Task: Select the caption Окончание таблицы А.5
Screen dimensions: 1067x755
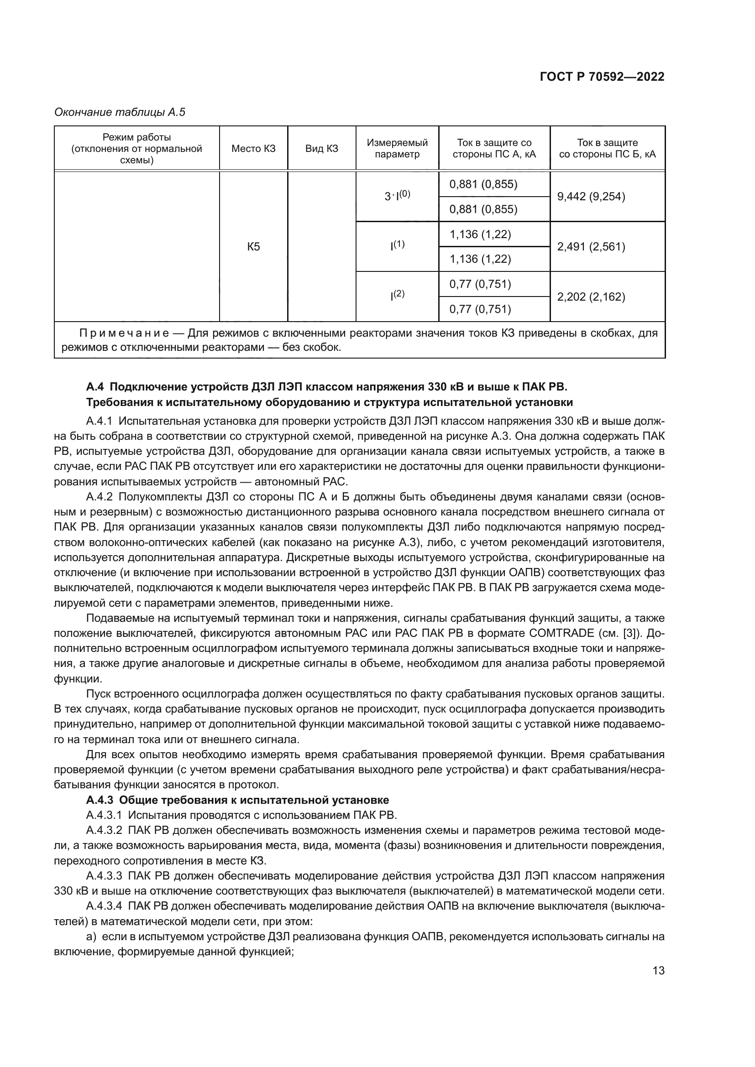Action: [x=120, y=112]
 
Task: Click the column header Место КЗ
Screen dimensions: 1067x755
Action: [x=253, y=148]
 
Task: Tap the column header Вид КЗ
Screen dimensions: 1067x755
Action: [x=322, y=148]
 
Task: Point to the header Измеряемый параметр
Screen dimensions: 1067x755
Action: [x=397, y=148]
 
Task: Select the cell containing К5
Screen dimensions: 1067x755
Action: [x=253, y=247]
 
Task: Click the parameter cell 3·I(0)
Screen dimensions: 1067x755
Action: [x=397, y=196]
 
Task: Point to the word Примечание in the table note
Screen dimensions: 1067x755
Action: [x=124, y=333]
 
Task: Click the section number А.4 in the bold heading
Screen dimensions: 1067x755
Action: [x=95, y=387]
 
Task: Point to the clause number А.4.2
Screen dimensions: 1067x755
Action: [x=100, y=497]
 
